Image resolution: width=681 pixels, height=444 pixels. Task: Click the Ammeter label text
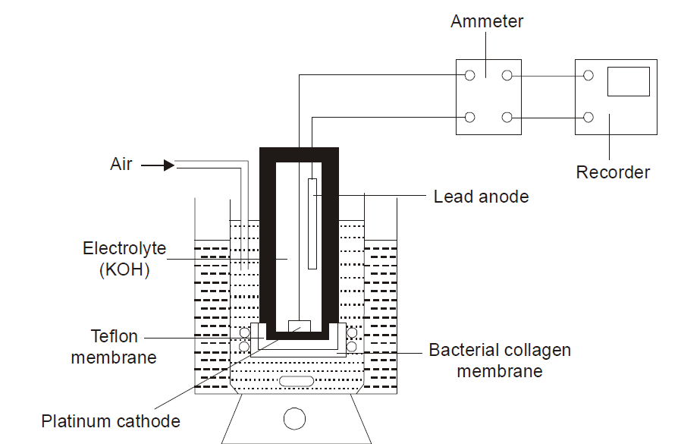click(487, 21)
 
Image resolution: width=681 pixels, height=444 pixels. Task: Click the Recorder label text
click(613, 172)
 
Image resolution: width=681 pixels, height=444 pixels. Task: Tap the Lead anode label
click(481, 197)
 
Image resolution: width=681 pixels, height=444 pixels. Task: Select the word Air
click(121, 164)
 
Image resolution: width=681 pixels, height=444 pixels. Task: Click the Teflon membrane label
click(113, 346)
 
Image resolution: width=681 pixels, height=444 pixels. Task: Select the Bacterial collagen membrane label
click(499, 361)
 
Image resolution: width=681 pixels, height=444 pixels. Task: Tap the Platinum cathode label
click(111, 421)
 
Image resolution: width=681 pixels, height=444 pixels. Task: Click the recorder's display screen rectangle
click(629, 81)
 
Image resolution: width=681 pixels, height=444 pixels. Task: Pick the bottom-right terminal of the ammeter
click(507, 117)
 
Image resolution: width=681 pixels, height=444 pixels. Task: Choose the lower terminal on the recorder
click(588, 117)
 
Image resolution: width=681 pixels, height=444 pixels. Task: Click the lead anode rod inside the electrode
click(312, 223)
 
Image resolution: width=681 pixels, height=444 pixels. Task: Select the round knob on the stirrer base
click(294, 418)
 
